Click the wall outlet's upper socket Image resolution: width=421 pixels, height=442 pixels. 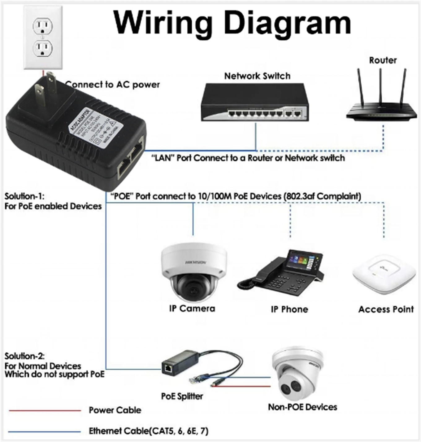[43, 26]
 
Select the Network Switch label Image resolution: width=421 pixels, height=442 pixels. [257, 76]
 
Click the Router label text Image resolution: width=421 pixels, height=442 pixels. [383, 60]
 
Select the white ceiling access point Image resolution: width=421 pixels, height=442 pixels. [384, 274]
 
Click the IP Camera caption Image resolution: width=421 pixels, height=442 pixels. [192, 309]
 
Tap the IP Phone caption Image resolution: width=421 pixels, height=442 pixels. [289, 309]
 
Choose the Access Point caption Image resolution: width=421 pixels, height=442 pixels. [386, 309]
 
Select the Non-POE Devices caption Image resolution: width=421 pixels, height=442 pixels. [302, 407]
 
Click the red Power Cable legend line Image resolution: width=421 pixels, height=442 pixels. [45, 411]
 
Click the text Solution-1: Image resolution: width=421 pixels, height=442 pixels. [24, 196]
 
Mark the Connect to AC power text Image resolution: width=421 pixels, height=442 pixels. [113, 85]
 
